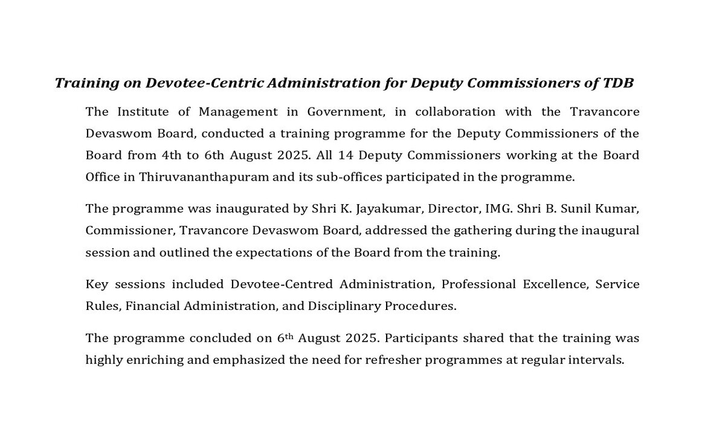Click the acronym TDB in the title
click(x=618, y=83)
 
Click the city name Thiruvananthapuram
click(x=207, y=177)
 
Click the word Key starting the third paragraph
click(x=96, y=284)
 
